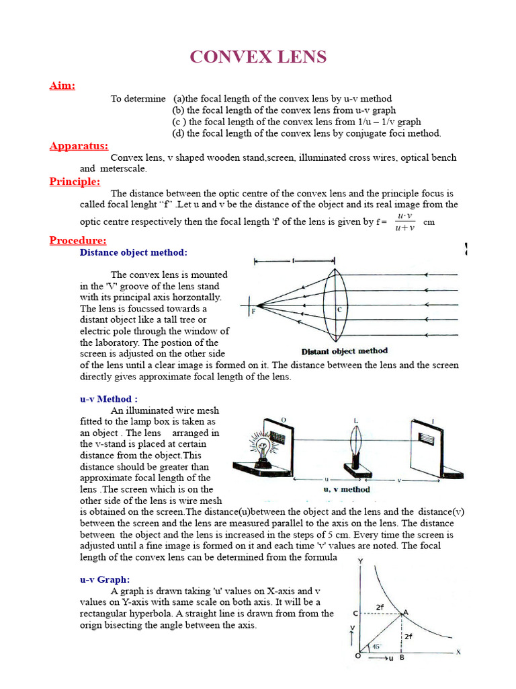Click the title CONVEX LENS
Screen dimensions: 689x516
tap(258, 57)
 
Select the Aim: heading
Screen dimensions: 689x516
tap(62, 85)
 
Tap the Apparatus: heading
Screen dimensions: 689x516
tap(79, 146)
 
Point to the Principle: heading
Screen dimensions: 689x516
tap(75, 182)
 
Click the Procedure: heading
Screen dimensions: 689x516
tap(78, 241)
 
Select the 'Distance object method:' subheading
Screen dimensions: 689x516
tap(134, 253)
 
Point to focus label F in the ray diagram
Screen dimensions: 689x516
tap(254, 312)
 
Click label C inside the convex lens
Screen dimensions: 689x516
tap(340, 309)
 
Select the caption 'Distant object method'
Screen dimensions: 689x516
tap(344, 351)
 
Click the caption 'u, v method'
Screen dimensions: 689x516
tap(347, 489)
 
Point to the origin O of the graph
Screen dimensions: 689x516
tap(357, 656)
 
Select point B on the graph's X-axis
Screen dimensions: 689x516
tap(402, 659)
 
